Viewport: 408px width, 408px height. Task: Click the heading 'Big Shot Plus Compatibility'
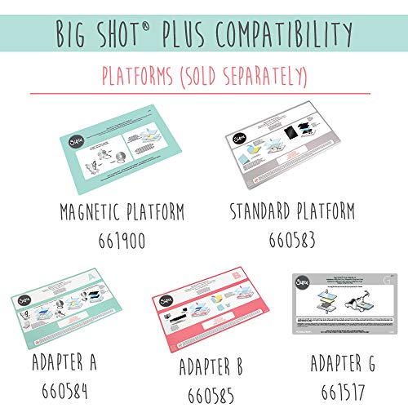click(x=204, y=34)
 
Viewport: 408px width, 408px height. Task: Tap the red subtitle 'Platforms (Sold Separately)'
click(x=204, y=77)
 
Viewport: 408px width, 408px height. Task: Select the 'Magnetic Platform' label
click(x=122, y=213)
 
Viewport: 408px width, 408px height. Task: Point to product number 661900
click(x=122, y=240)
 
